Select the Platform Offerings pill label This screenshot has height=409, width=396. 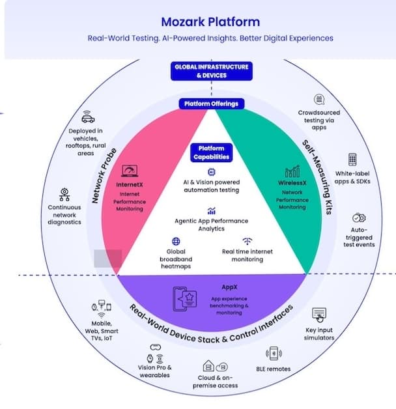click(210, 104)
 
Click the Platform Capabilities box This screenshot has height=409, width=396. click(210, 152)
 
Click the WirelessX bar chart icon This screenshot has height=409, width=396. click(293, 171)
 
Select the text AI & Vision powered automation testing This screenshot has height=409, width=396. click(211, 186)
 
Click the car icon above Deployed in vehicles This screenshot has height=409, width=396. click(87, 117)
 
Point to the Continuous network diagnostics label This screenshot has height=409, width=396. click(64, 214)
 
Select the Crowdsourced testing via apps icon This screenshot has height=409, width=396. click(319, 100)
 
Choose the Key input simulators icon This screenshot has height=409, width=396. click(319, 315)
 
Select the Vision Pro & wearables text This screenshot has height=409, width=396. click(155, 371)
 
